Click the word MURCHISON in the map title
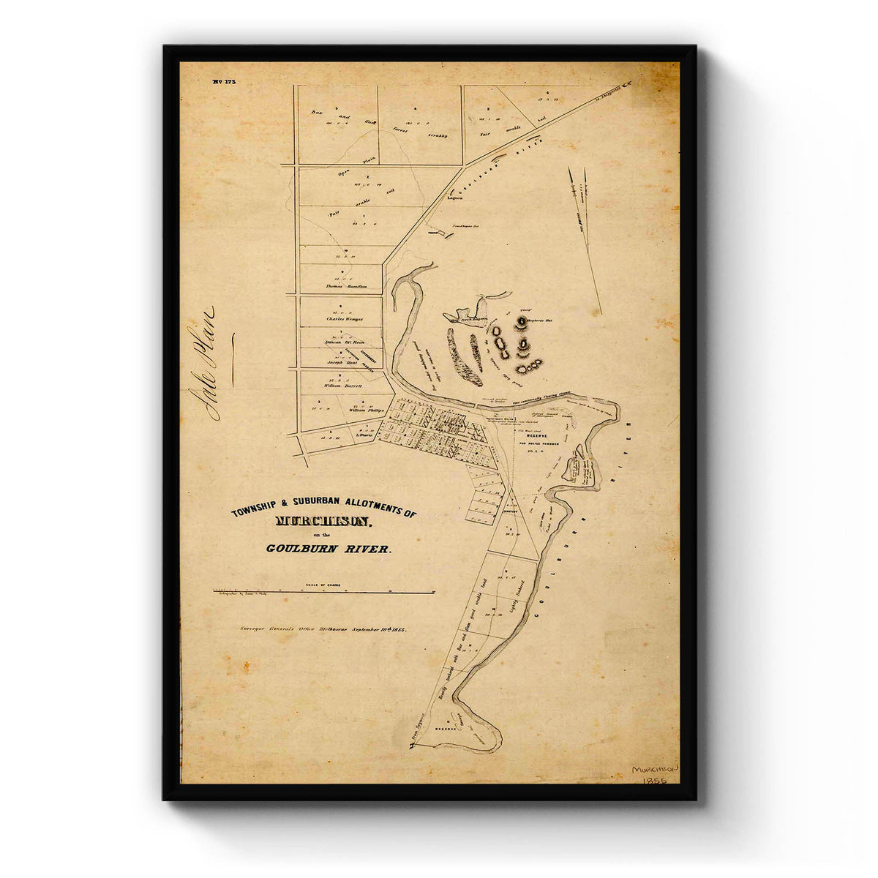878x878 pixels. [324, 522]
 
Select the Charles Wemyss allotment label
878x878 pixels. [344, 319]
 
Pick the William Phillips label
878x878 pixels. [366, 410]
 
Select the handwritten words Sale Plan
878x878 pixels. [203, 363]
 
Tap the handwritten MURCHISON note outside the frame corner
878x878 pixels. [654, 770]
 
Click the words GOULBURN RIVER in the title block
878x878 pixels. [329, 548]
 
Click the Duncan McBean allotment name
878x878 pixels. [344, 341]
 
